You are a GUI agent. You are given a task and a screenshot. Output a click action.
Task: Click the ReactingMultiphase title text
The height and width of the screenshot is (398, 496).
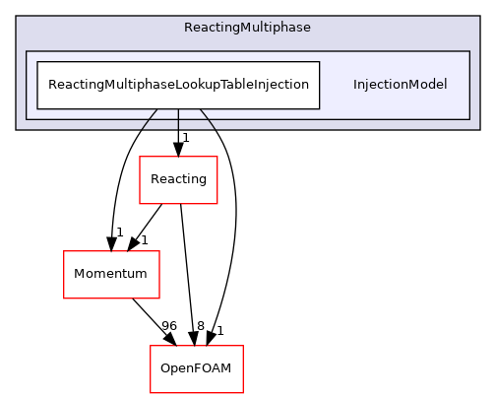247,28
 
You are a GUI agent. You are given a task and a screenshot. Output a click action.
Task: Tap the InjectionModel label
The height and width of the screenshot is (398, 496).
400,85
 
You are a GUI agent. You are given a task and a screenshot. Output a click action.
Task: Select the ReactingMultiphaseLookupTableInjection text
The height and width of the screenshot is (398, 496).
178,85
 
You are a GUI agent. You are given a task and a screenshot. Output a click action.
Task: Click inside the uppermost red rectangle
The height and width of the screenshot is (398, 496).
178,180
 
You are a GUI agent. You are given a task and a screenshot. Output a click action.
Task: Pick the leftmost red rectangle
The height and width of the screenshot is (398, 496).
111,275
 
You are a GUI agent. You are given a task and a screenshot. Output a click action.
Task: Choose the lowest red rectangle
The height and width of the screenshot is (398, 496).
196,369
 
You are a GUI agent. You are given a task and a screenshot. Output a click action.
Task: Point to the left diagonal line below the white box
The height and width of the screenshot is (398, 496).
150,119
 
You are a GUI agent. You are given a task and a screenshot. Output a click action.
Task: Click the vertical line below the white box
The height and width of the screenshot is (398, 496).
178,119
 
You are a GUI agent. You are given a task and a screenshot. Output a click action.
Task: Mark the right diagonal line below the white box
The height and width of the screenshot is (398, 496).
207,119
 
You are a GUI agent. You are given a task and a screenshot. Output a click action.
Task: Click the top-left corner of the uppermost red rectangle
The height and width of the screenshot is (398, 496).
140,157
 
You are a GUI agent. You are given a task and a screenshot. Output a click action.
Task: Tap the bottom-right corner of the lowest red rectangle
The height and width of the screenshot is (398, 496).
242,393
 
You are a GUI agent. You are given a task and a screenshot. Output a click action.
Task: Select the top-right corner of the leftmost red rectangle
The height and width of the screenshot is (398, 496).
158,251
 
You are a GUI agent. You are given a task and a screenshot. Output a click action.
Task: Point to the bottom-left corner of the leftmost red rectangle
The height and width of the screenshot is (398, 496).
64,298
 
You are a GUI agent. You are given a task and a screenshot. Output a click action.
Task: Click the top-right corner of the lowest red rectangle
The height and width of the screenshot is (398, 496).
242,346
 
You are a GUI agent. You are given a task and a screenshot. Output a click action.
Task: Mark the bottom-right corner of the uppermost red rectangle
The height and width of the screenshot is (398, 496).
217,203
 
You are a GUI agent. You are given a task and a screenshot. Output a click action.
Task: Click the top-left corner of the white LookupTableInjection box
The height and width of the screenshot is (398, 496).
37,62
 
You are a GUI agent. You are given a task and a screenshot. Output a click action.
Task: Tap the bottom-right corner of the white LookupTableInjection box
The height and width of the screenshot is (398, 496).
319,108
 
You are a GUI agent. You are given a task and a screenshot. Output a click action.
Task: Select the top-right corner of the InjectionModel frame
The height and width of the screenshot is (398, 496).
468,51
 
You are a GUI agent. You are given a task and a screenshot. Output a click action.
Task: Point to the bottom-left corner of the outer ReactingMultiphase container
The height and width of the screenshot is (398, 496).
17,129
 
